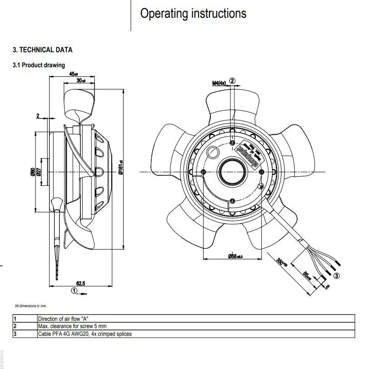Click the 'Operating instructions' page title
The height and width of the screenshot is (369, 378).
pos(193,14)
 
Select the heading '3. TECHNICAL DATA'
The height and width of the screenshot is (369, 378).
pos(42,50)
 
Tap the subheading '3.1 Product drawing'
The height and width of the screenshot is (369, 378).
pos(39,65)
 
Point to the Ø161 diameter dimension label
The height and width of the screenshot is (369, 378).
pos(121,168)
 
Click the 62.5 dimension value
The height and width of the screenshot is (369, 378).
pos(81,284)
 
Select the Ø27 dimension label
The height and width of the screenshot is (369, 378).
pos(38,172)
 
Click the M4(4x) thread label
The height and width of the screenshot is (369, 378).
pos(219,83)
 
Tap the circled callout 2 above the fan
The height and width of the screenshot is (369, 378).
pos(233,81)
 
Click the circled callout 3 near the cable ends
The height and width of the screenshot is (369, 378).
pos(336,275)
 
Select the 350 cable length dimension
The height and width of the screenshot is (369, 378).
pos(282,262)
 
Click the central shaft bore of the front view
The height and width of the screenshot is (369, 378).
pos(232,171)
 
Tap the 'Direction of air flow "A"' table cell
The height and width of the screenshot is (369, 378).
pos(66,319)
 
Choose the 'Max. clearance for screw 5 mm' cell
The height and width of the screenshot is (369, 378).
pos(72,326)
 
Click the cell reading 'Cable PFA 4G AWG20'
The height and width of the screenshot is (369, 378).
pos(85,334)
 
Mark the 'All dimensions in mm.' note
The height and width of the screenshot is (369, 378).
pos(31,306)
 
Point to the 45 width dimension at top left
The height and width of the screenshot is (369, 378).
pos(73,74)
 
